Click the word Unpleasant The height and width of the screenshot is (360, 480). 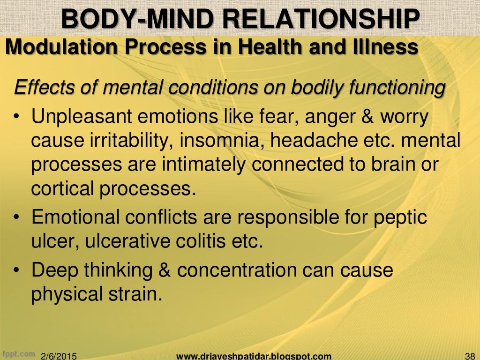tap(81, 117)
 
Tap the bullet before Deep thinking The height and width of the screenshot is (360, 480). tap(16, 271)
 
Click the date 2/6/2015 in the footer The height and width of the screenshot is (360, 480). tap(60, 355)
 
